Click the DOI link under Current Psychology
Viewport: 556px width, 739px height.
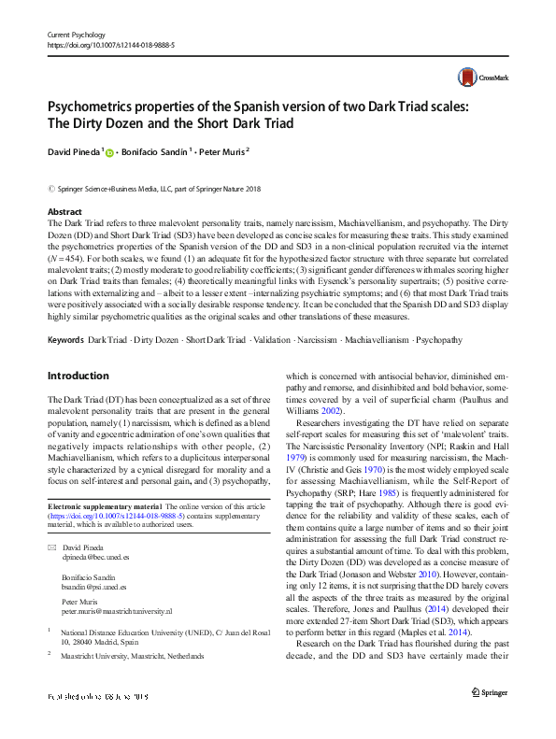(111, 44)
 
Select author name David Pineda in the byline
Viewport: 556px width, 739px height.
(73, 151)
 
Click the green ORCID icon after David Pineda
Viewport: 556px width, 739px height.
(109, 152)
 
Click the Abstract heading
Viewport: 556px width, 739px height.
(64, 213)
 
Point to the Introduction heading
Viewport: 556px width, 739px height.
(78, 377)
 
